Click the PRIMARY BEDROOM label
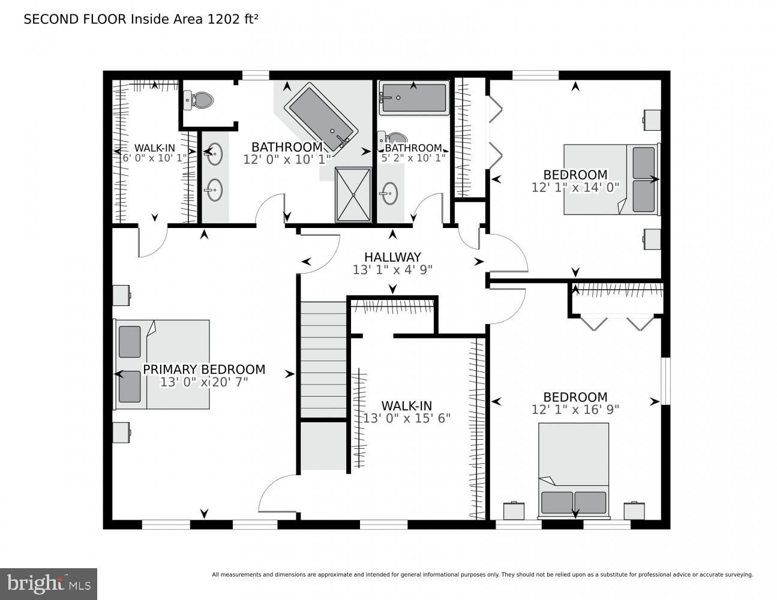click(x=203, y=370)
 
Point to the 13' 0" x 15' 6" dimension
click(x=406, y=418)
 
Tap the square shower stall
click(x=353, y=194)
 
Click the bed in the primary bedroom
click(x=162, y=364)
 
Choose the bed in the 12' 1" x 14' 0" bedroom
click(x=611, y=179)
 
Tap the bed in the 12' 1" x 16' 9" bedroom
click(x=574, y=470)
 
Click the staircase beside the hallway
click(x=323, y=360)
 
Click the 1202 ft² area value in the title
click(x=233, y=19)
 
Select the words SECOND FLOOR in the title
click(x=76, y=19)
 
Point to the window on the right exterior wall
click(x=665, y=382)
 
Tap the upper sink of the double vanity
click(x=213, y=155)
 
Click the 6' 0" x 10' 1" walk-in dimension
click(x=154, y=158)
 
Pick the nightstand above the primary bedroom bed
click(x=121, y=295)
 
